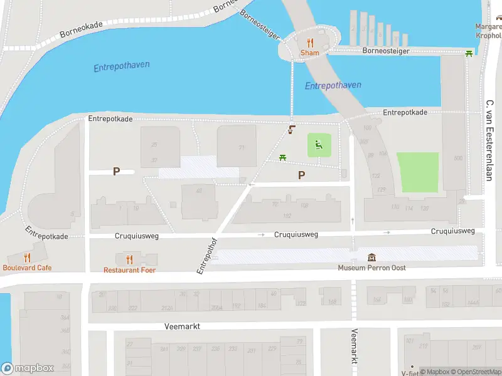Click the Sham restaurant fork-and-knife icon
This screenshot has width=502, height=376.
[309, 43]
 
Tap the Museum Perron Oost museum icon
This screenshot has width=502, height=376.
[372, 258]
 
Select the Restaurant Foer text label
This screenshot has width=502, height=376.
[129, 270]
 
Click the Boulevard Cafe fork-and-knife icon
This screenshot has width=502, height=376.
[26, 258]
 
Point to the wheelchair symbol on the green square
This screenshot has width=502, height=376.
[319, 146]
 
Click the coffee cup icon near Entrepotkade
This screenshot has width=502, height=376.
[291, 130]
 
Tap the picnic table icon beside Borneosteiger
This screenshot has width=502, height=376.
[469, 53]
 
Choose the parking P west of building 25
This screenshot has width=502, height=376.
[116, 171]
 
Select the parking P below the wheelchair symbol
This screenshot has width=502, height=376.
[302, 175]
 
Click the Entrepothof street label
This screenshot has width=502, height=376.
[206, 255]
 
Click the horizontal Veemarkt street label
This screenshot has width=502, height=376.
[181, 326]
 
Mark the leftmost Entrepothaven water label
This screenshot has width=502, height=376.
[122, 66]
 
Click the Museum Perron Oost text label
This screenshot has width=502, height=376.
[371, 268]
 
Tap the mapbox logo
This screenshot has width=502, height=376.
[28, 368]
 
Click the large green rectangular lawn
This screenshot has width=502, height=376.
[417, 172]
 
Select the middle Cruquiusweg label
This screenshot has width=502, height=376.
[296, 234]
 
